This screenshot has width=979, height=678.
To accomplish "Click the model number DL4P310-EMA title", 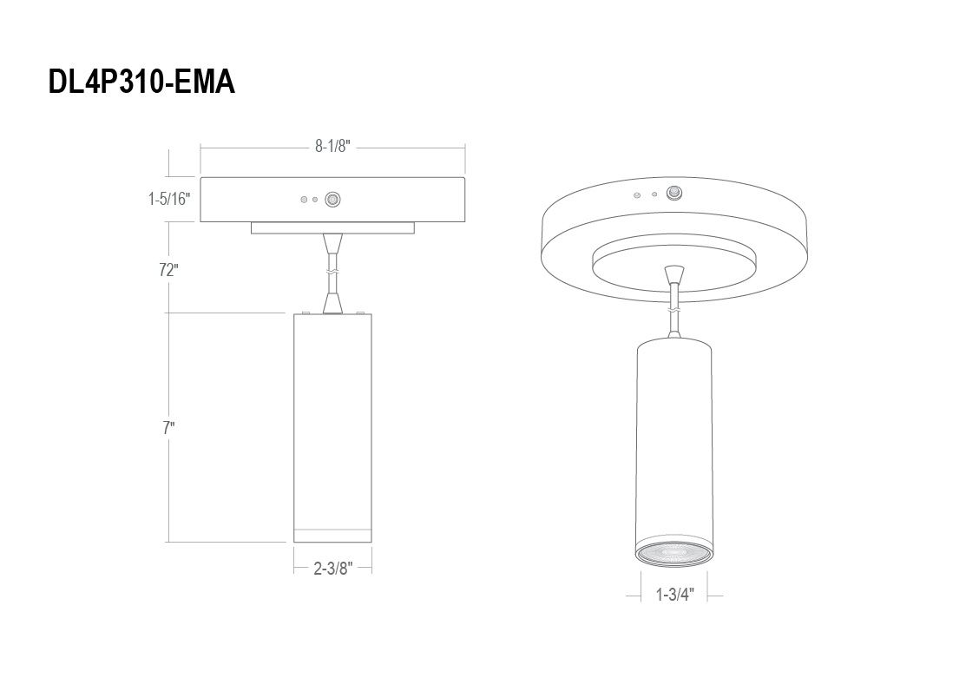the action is point(141,82).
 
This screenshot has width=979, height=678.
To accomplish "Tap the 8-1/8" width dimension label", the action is point(332,147).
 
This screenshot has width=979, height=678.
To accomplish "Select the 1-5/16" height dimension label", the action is point(168,199).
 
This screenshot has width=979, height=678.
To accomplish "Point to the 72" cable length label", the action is point(168,270).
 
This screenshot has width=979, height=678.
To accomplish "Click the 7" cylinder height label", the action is point(168,428).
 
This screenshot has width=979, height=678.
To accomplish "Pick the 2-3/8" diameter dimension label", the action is point(332,568).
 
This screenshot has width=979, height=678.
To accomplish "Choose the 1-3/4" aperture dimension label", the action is point(675,595).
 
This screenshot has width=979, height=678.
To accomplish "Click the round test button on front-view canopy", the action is point(333,200).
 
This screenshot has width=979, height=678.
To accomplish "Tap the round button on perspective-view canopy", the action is point(673,193).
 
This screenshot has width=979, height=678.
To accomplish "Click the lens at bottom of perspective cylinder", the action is point(673,553).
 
